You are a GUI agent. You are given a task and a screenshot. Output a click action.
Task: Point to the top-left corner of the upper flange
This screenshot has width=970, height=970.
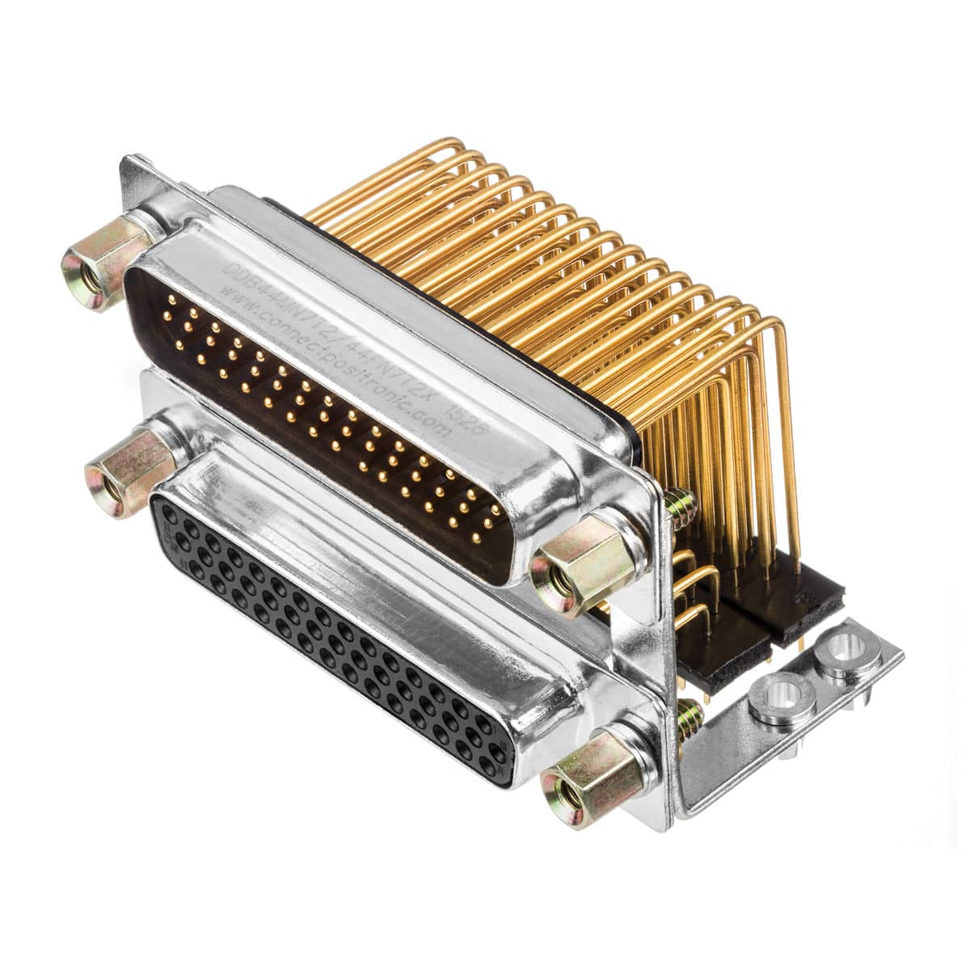click(x=129, y=162)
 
